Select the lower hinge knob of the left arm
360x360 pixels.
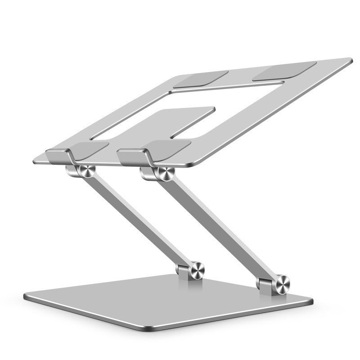pyautogui.click(x=196, y=270)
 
